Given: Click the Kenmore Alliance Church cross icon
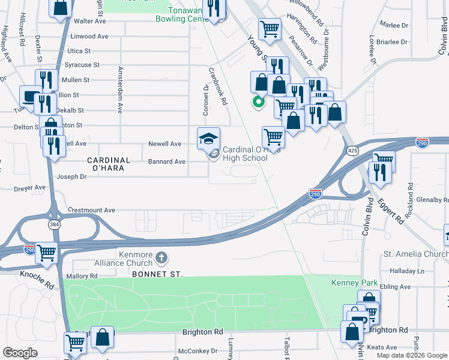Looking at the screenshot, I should tap(160, 258).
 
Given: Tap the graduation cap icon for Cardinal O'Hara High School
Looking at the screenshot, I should tap(208, 138).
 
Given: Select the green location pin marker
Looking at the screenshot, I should tap(259, 102).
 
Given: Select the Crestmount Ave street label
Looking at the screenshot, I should tap(91, 210).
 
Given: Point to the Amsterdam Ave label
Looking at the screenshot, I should tap(120, 90).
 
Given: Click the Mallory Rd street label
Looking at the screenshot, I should tap(83, 276).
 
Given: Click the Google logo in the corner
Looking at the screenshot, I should tap(20, 352).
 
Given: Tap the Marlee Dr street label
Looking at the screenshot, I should tap(394, 25).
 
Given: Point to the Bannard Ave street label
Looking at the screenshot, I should tap(167, 161).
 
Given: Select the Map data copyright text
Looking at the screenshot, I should tap(412, 355).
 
